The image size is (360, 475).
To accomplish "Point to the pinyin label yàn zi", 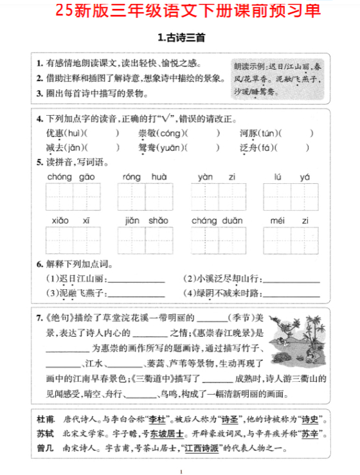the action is [217, 176].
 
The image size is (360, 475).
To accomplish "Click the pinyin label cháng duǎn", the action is [217, 220].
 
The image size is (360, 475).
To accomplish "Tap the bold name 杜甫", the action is [46, 418].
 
